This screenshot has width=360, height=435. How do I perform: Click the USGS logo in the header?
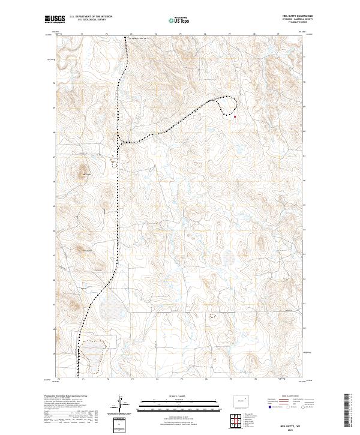55,19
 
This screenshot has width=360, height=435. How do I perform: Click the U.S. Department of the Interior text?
91,17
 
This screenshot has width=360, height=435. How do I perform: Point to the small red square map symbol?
235,116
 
